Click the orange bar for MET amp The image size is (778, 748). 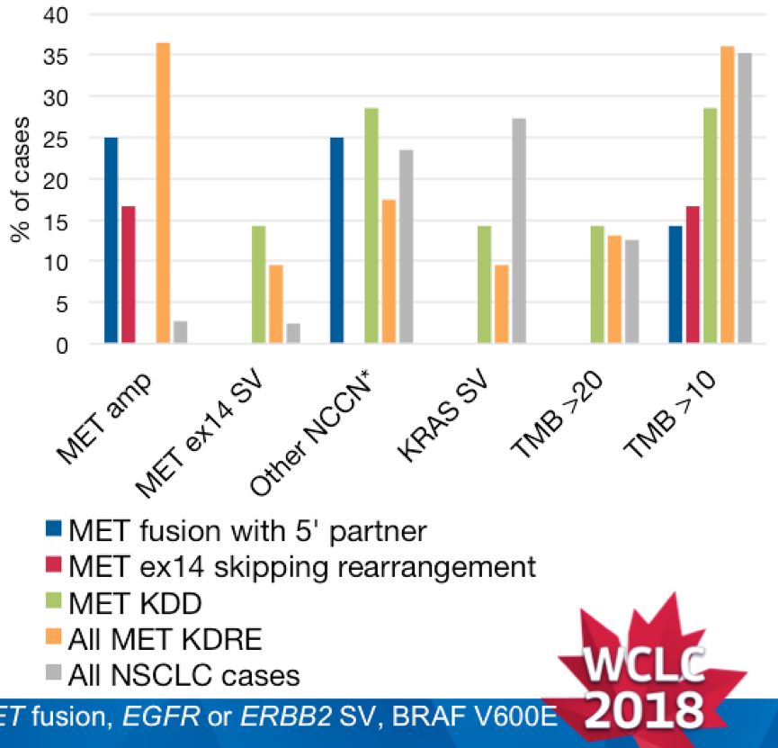coord(163,193)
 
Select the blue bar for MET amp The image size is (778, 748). coord(111,240)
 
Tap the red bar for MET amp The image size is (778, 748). coord(128,275)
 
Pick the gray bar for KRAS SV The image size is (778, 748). coord(519,230)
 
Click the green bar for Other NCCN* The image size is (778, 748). coord(371,225)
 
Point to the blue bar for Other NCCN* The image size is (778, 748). coord(337,240)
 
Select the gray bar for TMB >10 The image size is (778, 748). coord(745,198)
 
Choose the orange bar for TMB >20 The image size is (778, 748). coord(614,289)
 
